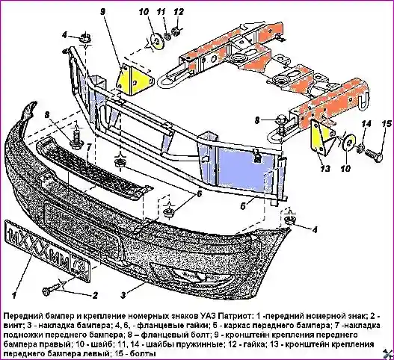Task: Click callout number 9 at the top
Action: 102,12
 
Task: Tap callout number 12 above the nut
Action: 179,12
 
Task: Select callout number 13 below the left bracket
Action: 325,169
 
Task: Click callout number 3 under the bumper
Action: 123,295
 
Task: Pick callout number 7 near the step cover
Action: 88,148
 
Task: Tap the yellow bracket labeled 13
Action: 321,137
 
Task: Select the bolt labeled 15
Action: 374,155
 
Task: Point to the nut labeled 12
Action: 176,32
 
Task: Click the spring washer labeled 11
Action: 167,36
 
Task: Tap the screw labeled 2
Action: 52,290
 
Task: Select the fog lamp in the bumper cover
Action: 194,275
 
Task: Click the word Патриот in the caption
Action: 232,314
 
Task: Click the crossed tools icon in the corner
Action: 389,354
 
